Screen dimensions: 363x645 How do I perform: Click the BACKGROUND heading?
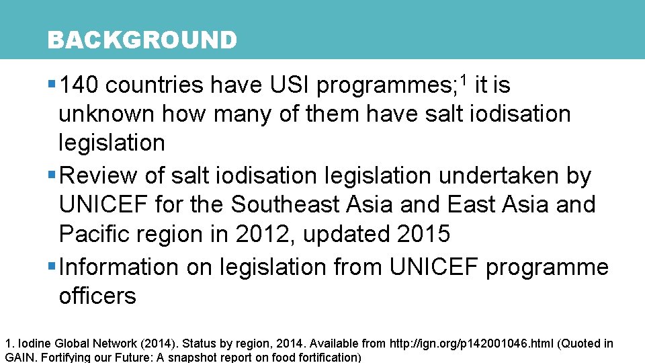pos(142,40)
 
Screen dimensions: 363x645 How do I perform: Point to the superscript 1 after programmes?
pos(463,79)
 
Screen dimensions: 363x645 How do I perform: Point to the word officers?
pos(97,296)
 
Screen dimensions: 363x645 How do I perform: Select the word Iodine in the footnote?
pos(32,344)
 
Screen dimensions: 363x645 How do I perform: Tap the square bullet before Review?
pos(52,175)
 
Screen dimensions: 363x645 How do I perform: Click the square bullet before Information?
pos(52,266)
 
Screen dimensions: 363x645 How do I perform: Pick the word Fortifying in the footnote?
pos(65,357)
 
